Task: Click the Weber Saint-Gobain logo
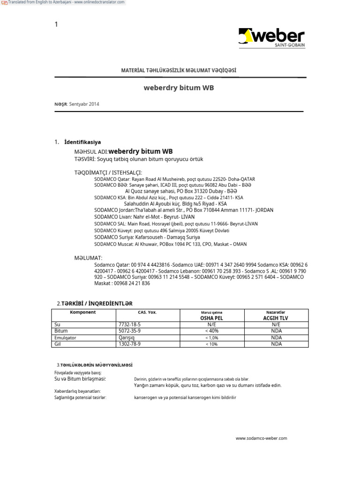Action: pos(271,38)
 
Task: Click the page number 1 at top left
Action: pos(56,24)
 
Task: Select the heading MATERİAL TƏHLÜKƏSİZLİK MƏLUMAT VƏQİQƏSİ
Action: pos(179,70)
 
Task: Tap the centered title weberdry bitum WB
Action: pos(179,88)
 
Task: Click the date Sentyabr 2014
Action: pos(84,104)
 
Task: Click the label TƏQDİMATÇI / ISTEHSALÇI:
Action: pos(108,172)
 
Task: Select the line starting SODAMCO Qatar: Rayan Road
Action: pos(174,179)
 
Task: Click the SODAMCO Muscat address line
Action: pos(170,244)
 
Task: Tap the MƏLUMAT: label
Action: pos(88,258)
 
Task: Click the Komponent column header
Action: pos(82,312)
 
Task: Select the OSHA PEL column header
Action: pos(211,318)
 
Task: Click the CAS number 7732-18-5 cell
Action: pos(127,324)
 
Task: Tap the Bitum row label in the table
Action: pos(61,331)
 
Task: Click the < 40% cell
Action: pos(211,331)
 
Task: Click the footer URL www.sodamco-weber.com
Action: pos(261,438)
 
